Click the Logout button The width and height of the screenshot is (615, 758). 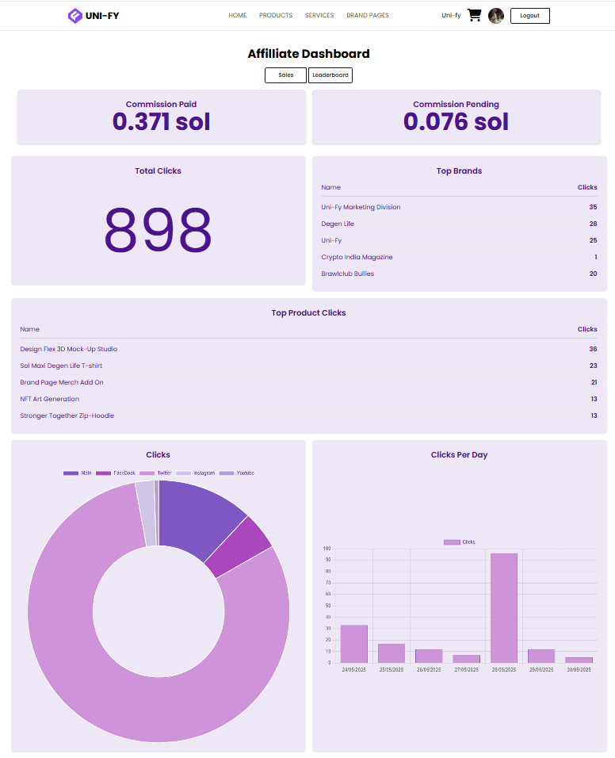click(529, 16)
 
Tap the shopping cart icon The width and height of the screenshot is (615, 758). click(475, 15)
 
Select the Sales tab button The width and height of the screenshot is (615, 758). click(286, 75)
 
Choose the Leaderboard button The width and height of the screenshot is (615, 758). click(330, 75)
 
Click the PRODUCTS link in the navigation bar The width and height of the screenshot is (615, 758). click(276, 16)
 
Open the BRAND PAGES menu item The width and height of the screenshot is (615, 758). click(368, 16)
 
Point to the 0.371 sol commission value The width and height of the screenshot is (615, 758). click(162, 122)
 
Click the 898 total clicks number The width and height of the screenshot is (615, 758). click(159, 230)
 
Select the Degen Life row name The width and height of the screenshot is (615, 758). click(338, 224)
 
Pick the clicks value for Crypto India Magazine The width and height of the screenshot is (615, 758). click(595, 257)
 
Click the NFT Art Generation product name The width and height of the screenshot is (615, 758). click(50, 399)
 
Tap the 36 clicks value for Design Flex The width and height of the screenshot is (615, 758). click(593, 349)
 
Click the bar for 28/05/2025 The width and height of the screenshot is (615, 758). click(504, 607)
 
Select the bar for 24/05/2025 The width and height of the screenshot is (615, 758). click(354, 643)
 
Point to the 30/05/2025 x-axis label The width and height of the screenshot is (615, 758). click(579, 670)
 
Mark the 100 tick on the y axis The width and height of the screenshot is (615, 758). click(327, 549)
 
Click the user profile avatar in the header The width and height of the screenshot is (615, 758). click(496, 16)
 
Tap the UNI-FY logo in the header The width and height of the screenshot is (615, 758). click(94, 16)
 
